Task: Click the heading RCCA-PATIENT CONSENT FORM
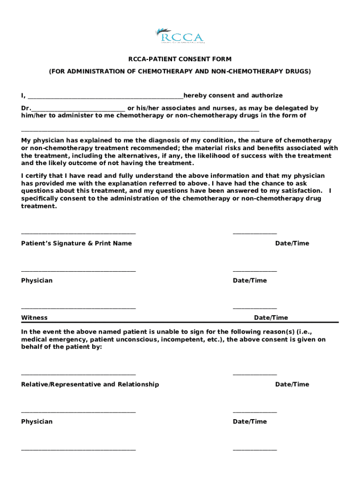[180, 59]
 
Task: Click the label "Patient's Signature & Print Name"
[76, 243]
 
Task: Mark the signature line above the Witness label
[79, 308]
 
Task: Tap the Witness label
[34, 318]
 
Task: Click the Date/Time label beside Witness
[271, 318]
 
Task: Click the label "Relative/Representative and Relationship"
[90, 385]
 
